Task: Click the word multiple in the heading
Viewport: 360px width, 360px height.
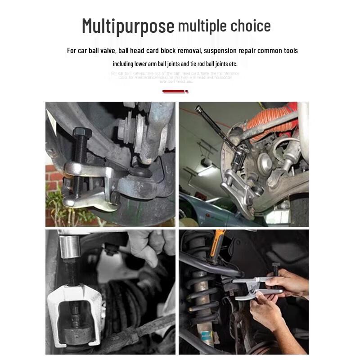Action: tap(202, 26)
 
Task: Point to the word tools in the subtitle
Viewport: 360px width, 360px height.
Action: tap(288, 50)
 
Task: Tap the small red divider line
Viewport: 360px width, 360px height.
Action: tap(175, 91)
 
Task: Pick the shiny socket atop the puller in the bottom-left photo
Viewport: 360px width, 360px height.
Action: tap(70, 247)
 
